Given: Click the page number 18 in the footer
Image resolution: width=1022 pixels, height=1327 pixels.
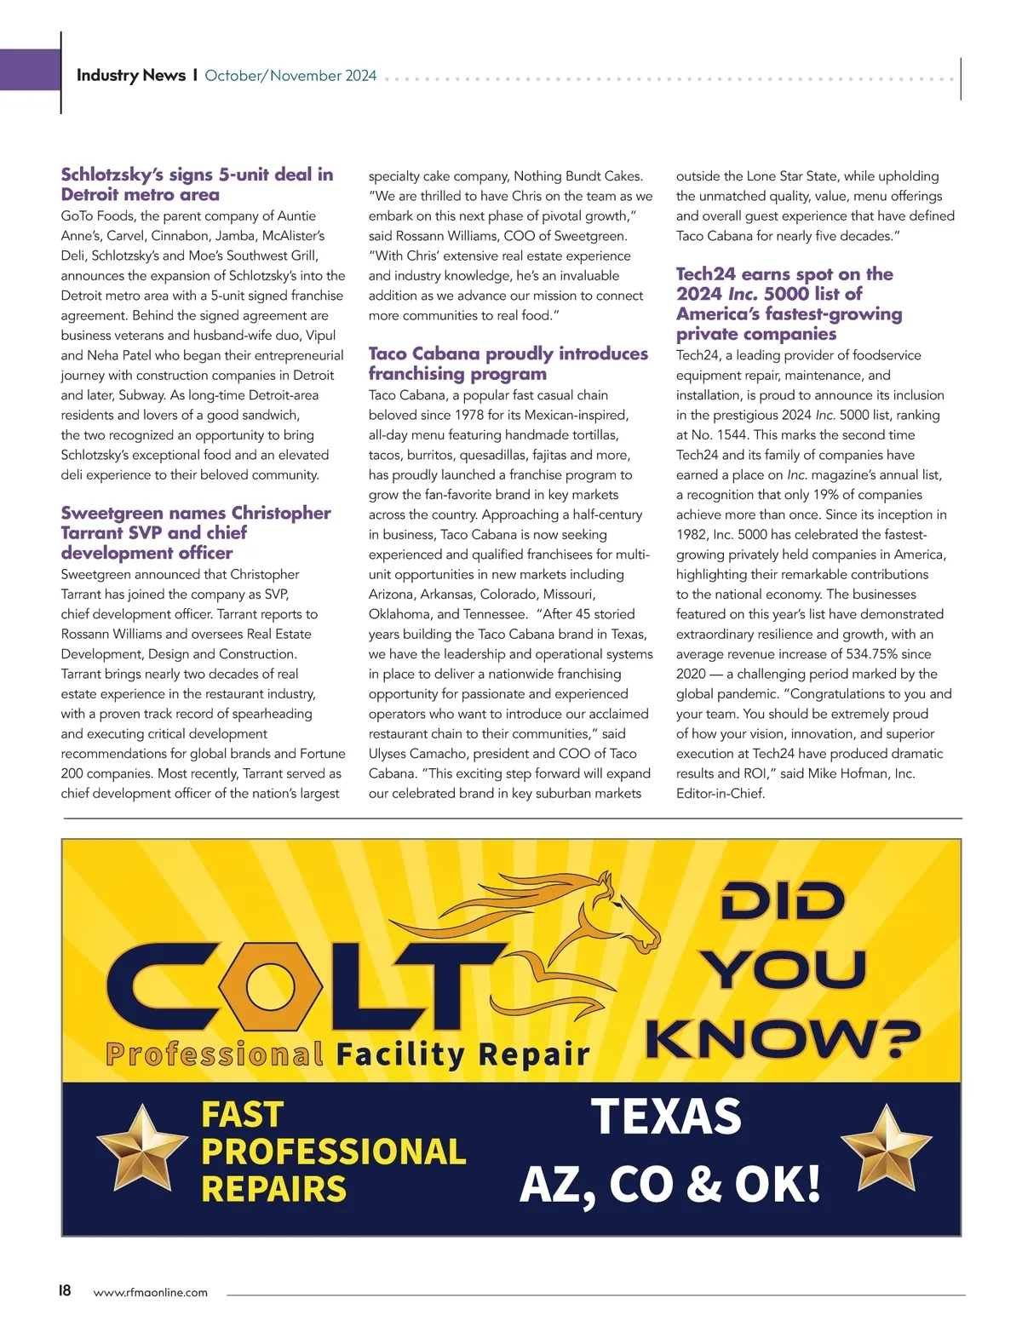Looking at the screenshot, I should (65, 1290).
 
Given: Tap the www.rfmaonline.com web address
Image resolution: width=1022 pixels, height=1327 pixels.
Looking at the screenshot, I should (150, 1292).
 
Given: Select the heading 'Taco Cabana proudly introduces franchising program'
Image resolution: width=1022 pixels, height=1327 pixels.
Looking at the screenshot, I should (508, 363).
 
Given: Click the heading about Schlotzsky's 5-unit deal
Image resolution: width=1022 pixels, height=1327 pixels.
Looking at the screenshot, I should (197, 184).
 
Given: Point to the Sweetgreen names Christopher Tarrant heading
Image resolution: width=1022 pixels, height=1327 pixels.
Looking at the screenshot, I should (196, 532).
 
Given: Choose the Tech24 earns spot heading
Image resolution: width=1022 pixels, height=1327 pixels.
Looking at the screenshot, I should (789, 303).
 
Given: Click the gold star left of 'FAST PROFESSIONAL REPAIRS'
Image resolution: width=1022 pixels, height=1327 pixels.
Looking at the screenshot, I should (141, 1147).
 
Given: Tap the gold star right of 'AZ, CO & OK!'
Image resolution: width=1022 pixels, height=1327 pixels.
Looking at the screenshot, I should (886, 1147).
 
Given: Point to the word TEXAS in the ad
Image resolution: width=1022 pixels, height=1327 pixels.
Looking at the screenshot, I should (666, 1116).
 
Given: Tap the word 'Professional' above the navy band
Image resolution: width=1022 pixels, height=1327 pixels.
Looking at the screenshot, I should (215, 1054).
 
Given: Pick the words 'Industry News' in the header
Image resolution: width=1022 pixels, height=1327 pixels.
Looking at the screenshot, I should (130, 75).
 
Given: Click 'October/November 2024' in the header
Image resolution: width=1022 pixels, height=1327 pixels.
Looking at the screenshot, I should (290, 76).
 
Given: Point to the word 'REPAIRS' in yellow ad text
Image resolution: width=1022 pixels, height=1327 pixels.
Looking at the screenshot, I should (273, 1188).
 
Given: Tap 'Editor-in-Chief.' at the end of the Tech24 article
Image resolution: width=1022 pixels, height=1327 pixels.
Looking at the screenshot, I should (721, 794).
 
